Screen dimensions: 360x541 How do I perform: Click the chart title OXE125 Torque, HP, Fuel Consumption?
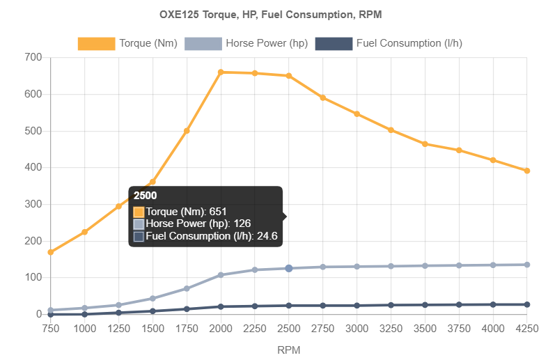270,14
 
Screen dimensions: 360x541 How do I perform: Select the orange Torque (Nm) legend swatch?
96,44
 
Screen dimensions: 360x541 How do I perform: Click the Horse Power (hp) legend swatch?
203,44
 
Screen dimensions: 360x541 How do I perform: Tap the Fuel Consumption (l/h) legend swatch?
334,44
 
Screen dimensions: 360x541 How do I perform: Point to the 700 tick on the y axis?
33,56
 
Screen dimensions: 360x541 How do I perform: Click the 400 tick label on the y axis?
33,167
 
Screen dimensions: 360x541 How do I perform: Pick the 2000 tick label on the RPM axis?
220,327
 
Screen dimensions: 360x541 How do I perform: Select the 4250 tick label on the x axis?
527,327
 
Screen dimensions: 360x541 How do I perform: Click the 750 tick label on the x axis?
50,327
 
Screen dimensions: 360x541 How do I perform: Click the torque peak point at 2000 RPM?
221,72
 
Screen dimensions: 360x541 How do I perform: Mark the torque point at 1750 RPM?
187,130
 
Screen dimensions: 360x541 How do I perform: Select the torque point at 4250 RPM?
527,171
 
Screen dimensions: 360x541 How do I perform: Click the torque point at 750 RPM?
50,252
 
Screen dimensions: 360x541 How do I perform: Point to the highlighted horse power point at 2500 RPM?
288,268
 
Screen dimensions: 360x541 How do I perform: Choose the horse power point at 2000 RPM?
221,274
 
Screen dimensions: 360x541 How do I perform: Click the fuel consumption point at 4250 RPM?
527,305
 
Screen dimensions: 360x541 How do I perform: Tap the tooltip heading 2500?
145,196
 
